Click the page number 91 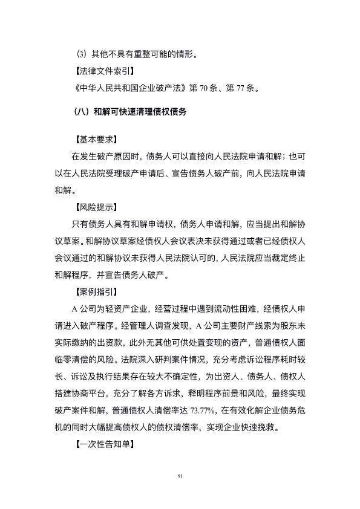click(x=180, y=477)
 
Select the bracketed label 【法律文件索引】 click(x=103, y=73)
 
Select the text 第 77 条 click(x=241, y=89)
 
